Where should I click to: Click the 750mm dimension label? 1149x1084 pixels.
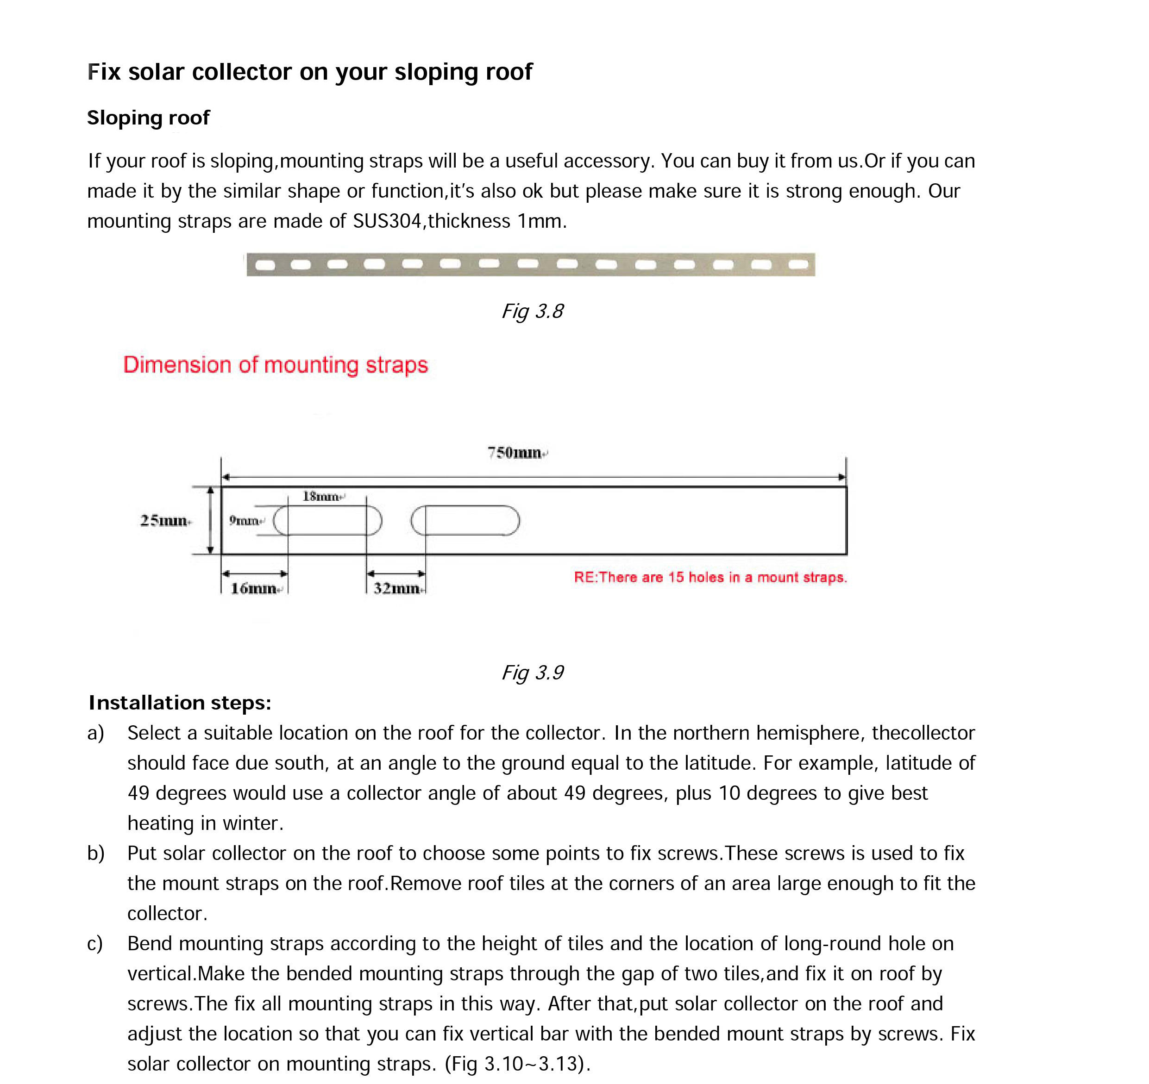point(515,452)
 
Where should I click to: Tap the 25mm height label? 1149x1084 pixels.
point(164,521)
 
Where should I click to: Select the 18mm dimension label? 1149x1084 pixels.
point(321,496)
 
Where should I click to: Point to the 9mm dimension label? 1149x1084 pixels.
point(244,521)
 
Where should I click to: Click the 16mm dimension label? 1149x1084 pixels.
point(253,589)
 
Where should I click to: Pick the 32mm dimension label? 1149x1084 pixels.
point(397,589)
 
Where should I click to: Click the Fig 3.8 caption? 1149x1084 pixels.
point(532,311)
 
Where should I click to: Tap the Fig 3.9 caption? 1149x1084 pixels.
point(532,673)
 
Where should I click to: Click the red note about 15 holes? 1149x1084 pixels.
point(710,577)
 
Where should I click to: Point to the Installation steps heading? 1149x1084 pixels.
point(180,703)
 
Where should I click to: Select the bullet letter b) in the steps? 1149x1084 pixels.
point(96,853)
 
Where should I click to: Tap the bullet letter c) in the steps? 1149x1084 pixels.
point(95,944)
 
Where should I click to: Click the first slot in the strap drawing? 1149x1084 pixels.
point(327,521)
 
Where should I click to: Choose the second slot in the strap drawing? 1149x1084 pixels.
point(465,521)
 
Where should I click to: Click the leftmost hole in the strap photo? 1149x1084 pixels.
point(265,265)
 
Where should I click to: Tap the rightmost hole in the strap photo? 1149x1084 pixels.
point(798,265)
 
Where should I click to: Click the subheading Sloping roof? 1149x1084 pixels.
point(148,118)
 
